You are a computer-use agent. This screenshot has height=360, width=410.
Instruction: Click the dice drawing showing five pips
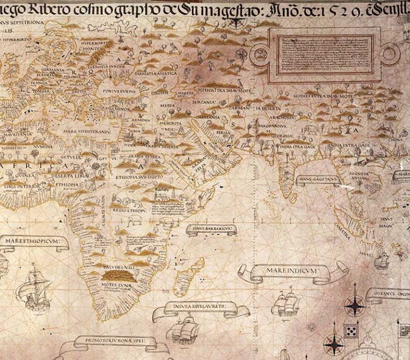(x=351, y=331)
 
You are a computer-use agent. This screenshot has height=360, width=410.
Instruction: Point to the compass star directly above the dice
(x=354, y=305)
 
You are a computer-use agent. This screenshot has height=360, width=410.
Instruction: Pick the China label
(x=396, y=140)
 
